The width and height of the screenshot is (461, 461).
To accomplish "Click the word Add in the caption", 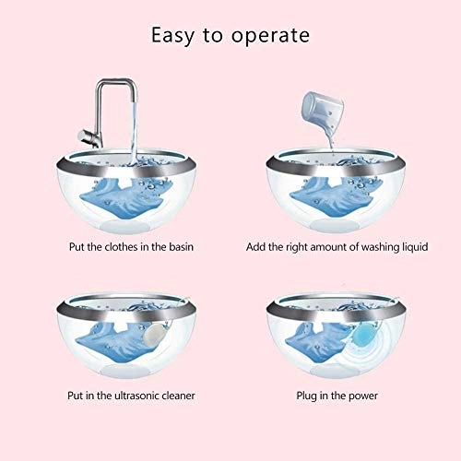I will (255, 248).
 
